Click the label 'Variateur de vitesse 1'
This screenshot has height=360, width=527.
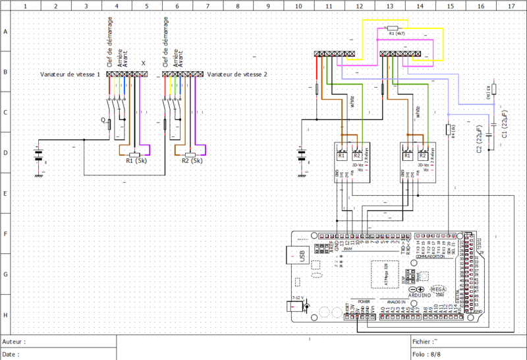pyautogui.click(x=70, y=75)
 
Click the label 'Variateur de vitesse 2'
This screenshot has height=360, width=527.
pyautogui.click(x=237, y=75)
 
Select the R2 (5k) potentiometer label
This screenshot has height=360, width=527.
pyautogui.click(x=192, y=160)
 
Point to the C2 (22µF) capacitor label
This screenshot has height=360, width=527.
pyautogui.click(x=479, y=139)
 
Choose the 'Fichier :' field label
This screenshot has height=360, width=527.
pyautogui.click(x=424, y=342)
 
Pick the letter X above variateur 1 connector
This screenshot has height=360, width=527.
pyautogui.click(x=144, y=64)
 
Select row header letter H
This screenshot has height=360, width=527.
pyautogui.click(x=5, y=315)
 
